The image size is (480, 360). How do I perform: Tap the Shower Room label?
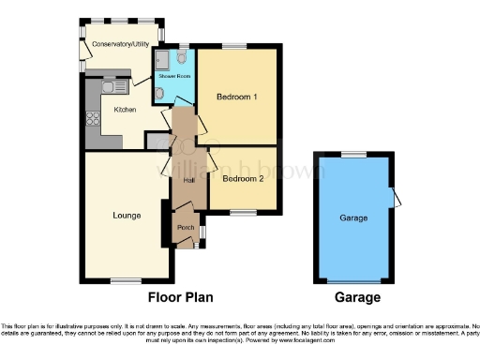174,75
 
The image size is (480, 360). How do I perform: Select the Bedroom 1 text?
237,97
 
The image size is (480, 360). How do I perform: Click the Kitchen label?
126,110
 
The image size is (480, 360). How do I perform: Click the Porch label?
186,228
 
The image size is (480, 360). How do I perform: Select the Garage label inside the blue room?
353,218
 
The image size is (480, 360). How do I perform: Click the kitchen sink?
114,87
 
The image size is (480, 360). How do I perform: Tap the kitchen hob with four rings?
94,119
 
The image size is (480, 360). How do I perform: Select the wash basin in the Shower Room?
161,92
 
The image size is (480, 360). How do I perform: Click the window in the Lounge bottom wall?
125,280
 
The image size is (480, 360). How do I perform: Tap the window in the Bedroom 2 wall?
243,213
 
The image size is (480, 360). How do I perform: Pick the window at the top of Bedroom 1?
234,44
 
